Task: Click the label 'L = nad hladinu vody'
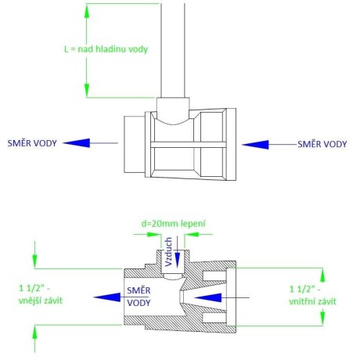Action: (106, 49)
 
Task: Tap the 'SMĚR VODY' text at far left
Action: (32, 143)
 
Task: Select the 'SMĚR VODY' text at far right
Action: (322, 144)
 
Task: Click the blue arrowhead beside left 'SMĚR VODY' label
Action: (77, 143)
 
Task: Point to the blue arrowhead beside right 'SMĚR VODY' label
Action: (255, 145)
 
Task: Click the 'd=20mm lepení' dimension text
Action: (174, 224)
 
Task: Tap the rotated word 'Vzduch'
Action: (169, 252)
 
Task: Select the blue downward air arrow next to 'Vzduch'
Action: (178, 252)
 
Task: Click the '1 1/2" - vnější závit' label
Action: (41, 294)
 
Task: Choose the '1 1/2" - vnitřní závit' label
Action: (312, 295)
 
